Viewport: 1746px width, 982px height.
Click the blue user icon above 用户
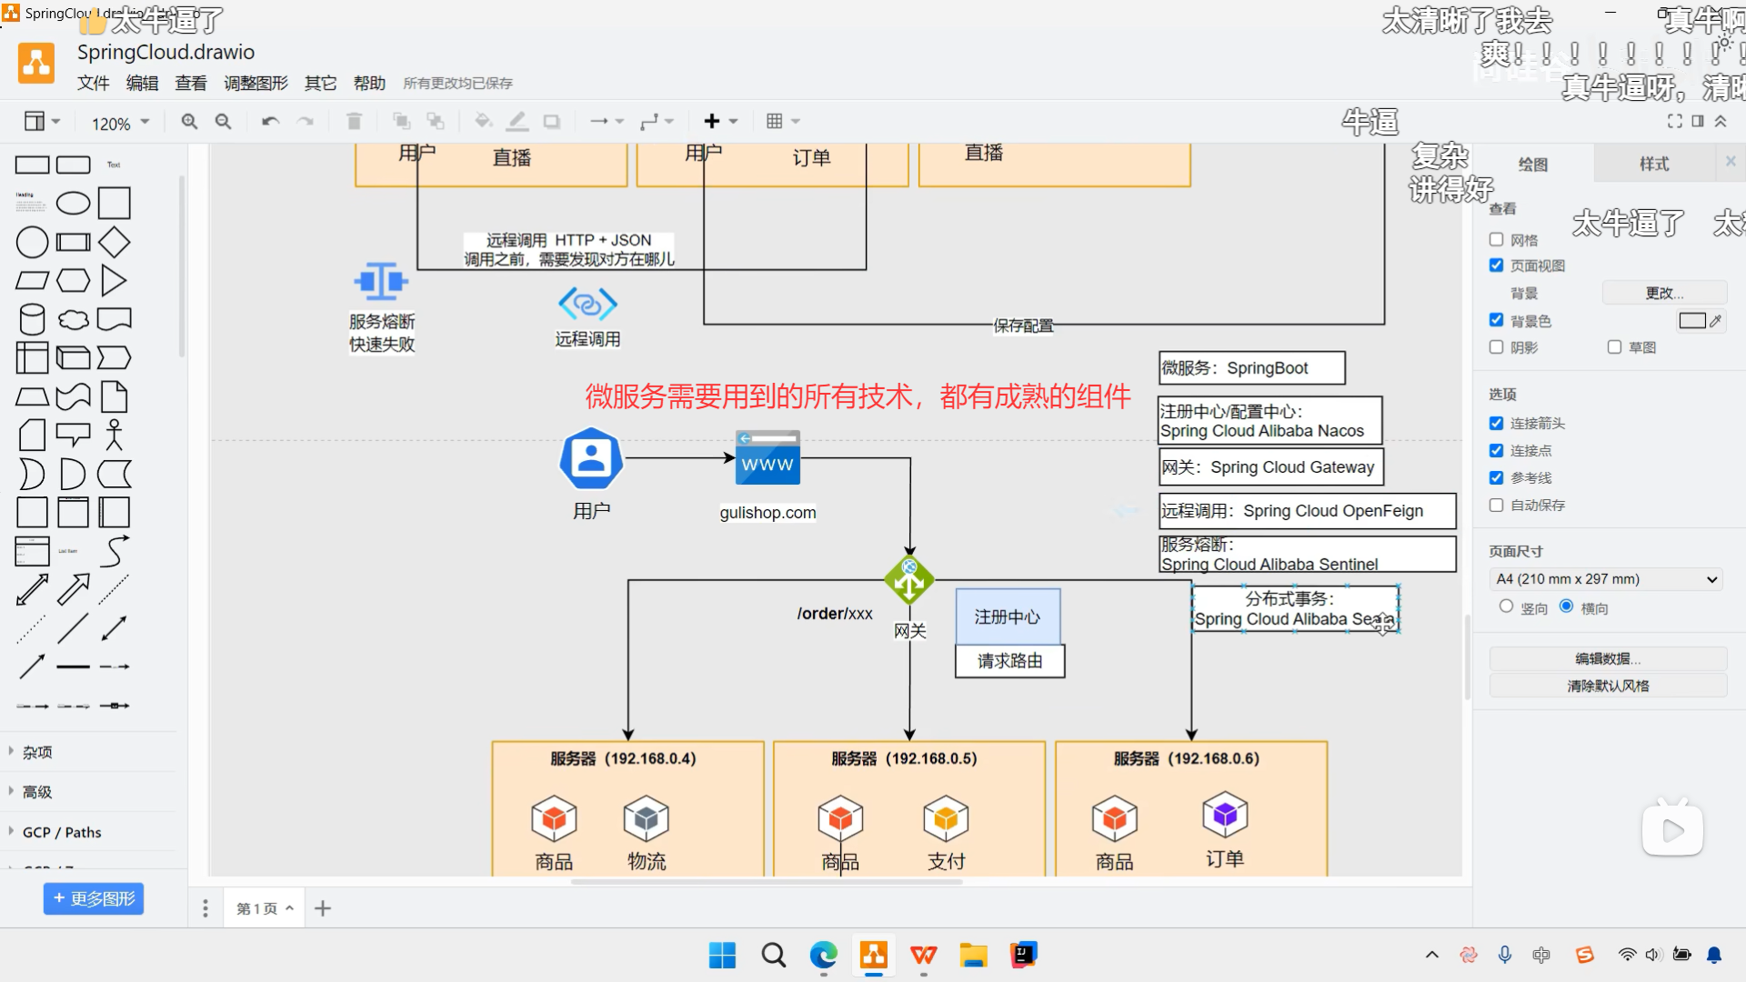pos(591,458)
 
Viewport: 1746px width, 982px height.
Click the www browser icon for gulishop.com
pos(768,457)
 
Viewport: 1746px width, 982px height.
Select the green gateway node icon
pos(909,579)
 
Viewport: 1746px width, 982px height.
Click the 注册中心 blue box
pos(1008,616)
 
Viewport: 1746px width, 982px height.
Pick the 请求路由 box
pos(1009,661)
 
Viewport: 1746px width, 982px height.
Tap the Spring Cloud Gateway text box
pos(1270,467)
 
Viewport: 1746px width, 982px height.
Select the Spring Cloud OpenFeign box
pos(1307,511)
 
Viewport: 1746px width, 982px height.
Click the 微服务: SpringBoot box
pos(1251,368)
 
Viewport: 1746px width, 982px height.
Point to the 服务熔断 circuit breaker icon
pos(381,282)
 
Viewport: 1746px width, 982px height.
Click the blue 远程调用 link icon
pos(587,304)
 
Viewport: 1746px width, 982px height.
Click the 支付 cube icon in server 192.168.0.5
pos(946,818)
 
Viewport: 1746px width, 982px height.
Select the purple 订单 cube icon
pos(1225,815)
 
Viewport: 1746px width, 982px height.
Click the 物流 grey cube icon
pos(647,818)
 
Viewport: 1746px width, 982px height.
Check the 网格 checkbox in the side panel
pos(1497,240)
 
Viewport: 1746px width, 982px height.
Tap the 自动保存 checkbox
pos(1497,506)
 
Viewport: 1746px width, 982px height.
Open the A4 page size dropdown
pos(1607,579)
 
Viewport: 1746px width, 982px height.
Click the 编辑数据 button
pos(1608,659)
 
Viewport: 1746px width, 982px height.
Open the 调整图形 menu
pos(256,84)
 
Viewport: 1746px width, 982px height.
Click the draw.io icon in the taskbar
pos(874,955)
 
